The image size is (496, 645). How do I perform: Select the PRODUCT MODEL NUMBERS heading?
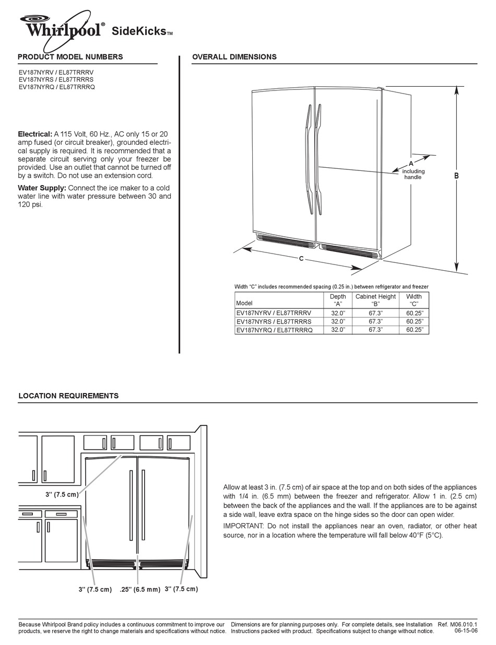coord(70,57)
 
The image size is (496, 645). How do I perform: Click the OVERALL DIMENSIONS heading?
coord(234,57)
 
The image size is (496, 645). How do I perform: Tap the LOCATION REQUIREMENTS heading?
coord(68,396)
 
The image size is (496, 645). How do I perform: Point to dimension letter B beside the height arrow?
coord(456,176)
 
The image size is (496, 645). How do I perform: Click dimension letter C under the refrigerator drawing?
coord(301,259)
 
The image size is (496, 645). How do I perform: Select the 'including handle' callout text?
coord(413,174)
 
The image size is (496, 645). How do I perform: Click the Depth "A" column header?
coord(338,300)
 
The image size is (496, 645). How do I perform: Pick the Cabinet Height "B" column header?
coord(375,300)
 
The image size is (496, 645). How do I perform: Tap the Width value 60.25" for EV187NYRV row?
coord(415,313)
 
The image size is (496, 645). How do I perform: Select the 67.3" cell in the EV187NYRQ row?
coord(375,330)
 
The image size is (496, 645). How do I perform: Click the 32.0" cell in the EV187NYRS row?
coord(338,321)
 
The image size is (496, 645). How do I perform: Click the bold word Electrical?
coord(35,134)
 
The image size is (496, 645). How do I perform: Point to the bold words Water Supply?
coord(42,188)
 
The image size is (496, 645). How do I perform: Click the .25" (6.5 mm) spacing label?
coord(139,589)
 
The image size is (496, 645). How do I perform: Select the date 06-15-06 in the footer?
coord(466,631)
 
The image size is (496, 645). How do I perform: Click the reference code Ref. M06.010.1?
coord(457,624)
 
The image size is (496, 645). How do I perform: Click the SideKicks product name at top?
coord(139,32)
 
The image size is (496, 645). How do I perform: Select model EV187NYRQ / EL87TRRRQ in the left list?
coord(56,87)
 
